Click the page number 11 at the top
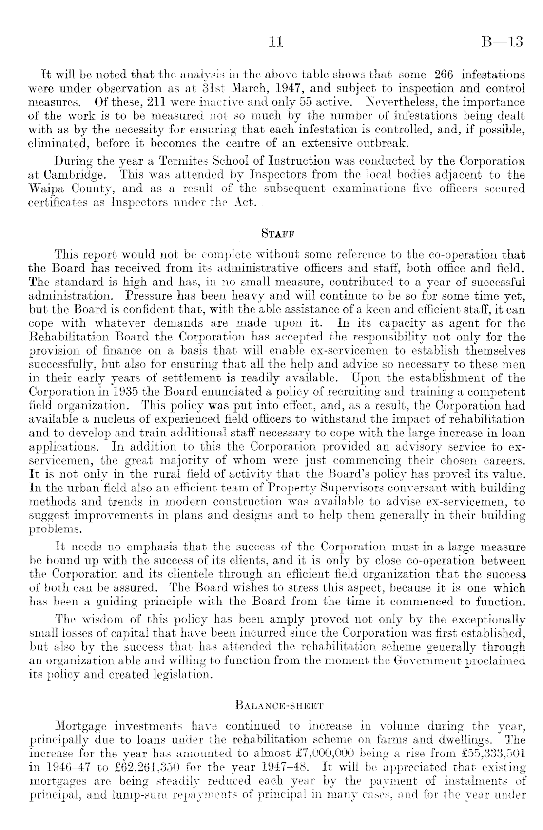(276, 42)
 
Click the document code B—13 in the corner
(502, 42)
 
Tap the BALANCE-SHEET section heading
(276, 704)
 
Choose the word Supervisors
(348, 487)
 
